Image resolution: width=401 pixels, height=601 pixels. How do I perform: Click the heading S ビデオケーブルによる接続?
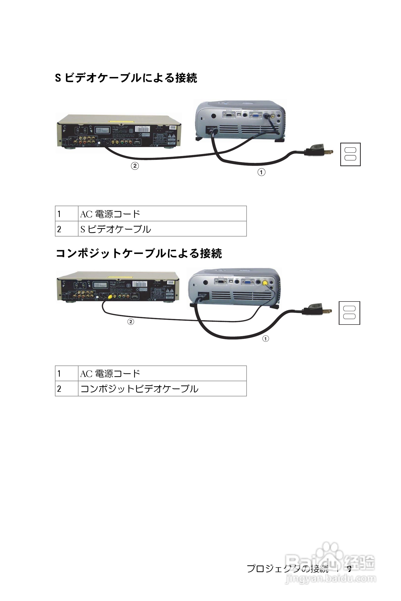tap(126, 78)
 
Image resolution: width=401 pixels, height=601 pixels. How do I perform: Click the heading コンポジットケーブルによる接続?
tap(139, 253)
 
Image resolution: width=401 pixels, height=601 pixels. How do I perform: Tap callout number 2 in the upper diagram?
tap(135, 166)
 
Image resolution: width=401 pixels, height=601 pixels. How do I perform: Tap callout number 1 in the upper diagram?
tap(261, 172)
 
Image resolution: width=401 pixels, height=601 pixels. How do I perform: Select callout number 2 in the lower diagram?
tap(131, 321)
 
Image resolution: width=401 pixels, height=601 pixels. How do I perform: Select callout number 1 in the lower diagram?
tap(266, 339)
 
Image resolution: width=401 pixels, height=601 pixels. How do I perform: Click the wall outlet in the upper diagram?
tap(350, 154)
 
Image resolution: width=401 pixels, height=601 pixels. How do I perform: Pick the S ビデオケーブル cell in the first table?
tap(162, 229)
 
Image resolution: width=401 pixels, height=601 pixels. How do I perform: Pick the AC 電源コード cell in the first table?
tap(162, 214)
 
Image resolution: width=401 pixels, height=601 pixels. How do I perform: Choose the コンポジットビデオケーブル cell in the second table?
tap(162, 389)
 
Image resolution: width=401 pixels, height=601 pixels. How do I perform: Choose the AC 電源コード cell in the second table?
tap(162, 373)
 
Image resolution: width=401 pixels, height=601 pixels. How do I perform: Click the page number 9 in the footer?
tap(349, 569)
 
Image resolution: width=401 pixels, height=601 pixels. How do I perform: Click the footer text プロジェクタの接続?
tap(287, 569)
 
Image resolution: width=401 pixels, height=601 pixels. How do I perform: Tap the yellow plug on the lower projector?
tap(265, 283)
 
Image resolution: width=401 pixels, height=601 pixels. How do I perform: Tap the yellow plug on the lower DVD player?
tap(110, 297)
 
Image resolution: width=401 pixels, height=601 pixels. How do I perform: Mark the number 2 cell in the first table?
tap(67, 229)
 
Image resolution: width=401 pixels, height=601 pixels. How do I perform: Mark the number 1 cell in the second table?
tap(67, 373)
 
